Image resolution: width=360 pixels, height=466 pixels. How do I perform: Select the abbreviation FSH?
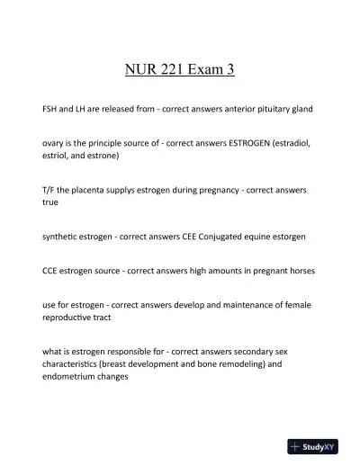tap(52, 108)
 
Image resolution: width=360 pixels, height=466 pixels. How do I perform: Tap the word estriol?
tap(58, 155)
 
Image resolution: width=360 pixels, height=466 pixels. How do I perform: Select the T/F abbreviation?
tap(50, 189)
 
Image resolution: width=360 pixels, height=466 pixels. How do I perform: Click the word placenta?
tap(97, 189)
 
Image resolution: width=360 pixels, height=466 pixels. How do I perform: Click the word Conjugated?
tap(216, 236)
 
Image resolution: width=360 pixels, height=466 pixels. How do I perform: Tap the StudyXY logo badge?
tap(319, 445)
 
